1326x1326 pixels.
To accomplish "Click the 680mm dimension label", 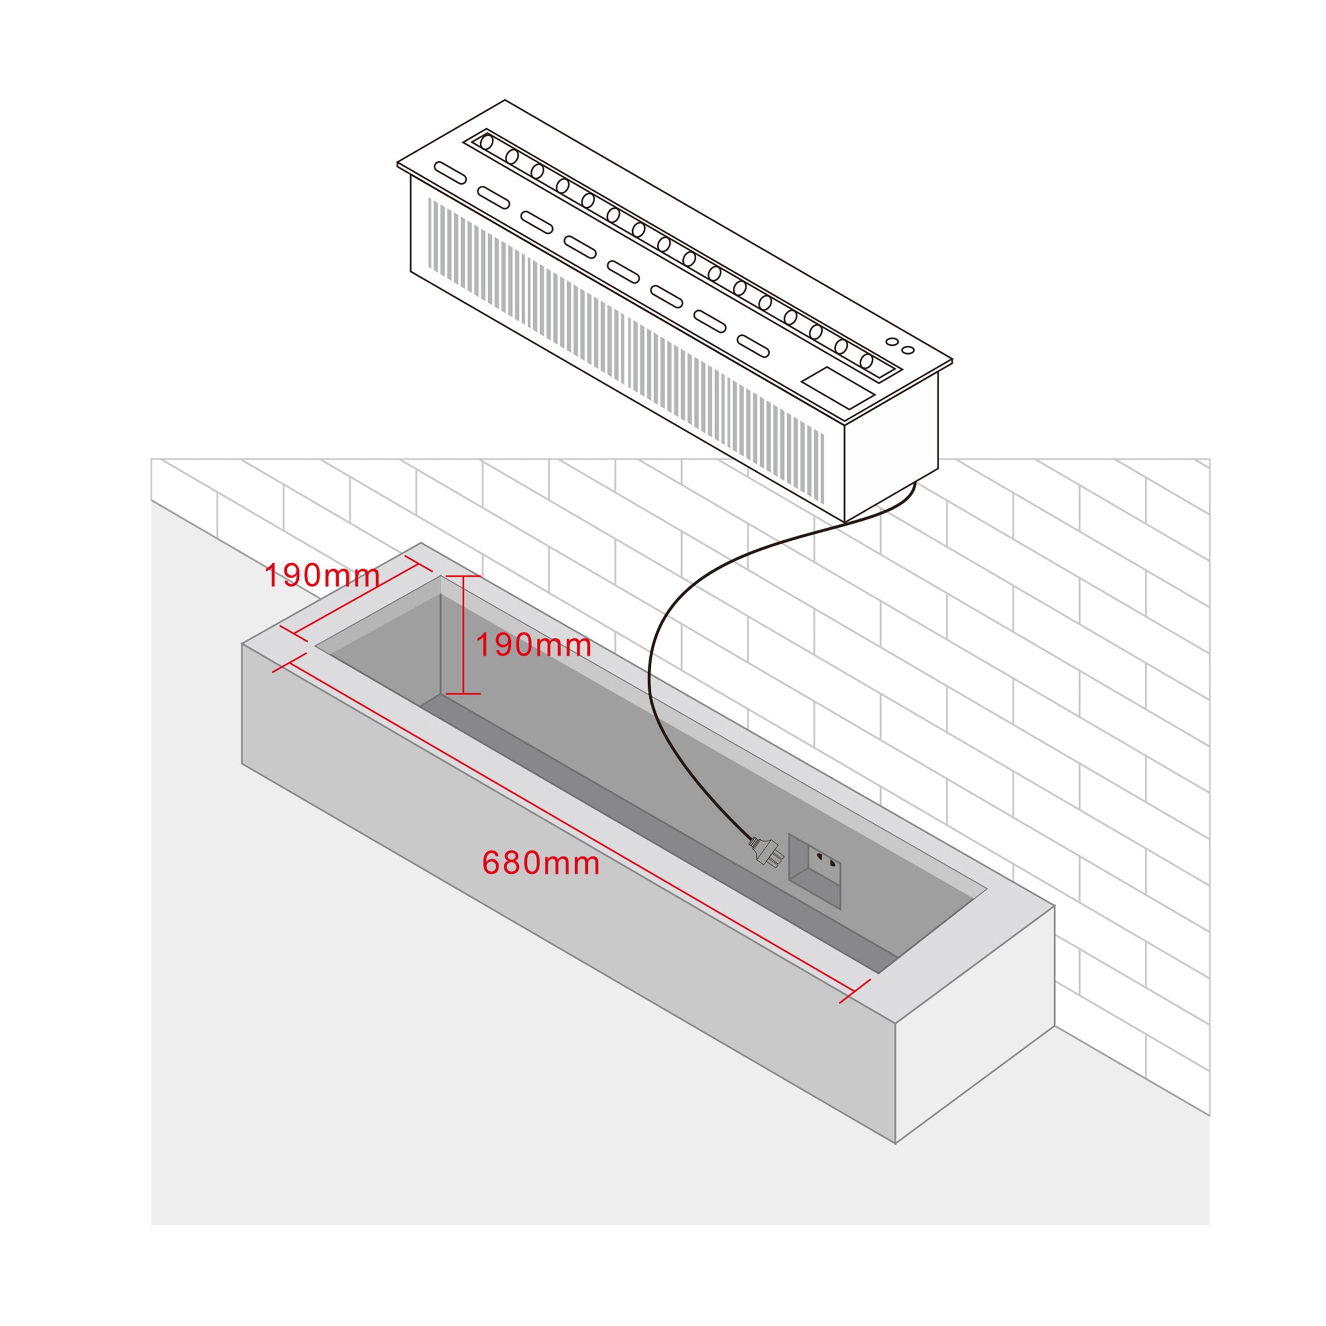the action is click(x=541, y=862).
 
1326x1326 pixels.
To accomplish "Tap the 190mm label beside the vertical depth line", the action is click(x=533, y=645).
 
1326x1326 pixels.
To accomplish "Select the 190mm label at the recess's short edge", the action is click(x=322, y=575).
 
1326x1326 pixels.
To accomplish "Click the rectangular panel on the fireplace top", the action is click(x=838, y=388).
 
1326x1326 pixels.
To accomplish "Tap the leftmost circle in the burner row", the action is click(x=487, y=142).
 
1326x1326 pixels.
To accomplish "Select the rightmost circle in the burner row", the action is click(x=866, y=361).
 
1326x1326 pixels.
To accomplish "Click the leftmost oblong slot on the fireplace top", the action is click(x=450, y=172).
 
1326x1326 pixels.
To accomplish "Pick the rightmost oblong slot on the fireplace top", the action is click(x=753, y=346).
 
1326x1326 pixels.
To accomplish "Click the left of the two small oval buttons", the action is click(x=892, y=341).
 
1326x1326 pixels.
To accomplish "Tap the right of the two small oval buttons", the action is click(x=907, y=350).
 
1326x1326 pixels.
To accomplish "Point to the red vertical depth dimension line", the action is click(x=464, y=635).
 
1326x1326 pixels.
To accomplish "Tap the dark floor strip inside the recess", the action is click(x=659, y=833).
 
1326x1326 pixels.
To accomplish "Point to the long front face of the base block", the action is click(x=569, y=892).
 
